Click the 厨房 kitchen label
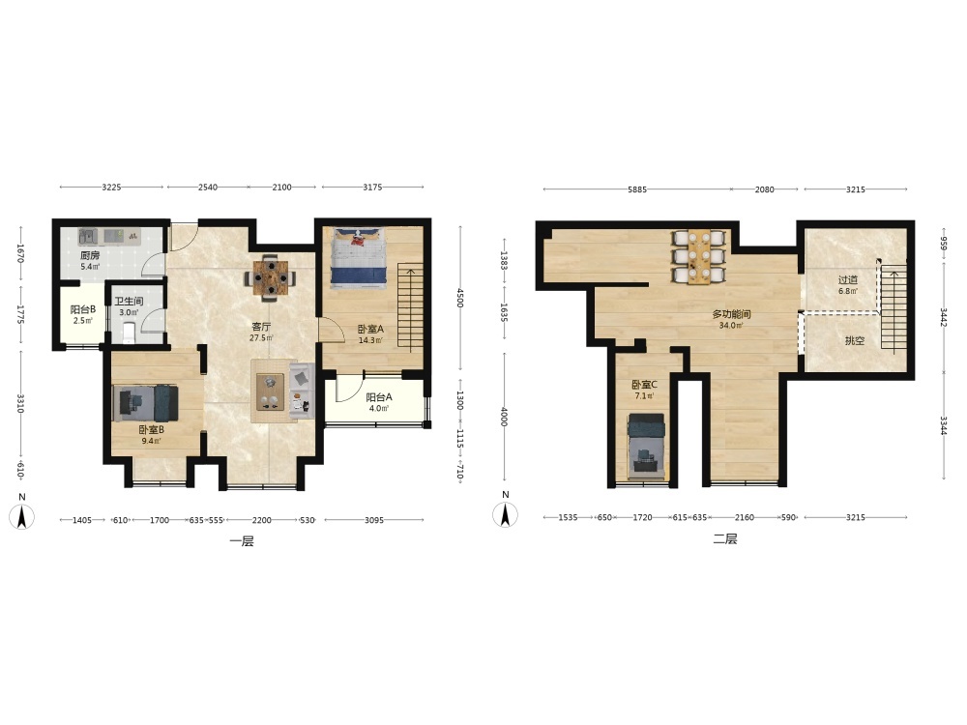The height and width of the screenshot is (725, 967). (x=89, y=255)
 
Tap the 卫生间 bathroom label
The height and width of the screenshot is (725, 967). (x=129, y=302)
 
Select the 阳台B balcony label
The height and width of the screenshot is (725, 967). (x=82, y=309)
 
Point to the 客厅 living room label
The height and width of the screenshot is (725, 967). (x=261, y=327)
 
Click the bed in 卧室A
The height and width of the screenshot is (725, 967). (x=359, y=258)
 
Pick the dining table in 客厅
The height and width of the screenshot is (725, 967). (x=270, y=278)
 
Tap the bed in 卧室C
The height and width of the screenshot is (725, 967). (x=646, y=447)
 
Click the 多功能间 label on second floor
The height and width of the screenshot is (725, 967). (x=731, y=314)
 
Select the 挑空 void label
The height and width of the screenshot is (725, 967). (x=855, y=340)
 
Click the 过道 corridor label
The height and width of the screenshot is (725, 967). (x=848, y=280)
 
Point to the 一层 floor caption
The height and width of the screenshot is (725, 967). (x=241, y=542)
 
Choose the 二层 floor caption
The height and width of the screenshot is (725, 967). (x=725, y=539)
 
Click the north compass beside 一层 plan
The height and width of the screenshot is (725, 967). (x=21, y=514)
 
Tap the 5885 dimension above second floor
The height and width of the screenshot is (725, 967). (x=637, y=189)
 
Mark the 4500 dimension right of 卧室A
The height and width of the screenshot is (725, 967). (x=459, y=298)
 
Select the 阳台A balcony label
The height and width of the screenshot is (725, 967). (x=379, y=397)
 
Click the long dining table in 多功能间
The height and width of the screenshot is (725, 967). (x=699, y=258)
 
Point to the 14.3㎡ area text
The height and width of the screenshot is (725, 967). (x=370, y=340)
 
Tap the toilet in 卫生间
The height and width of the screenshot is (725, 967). (x=129, y=333)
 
